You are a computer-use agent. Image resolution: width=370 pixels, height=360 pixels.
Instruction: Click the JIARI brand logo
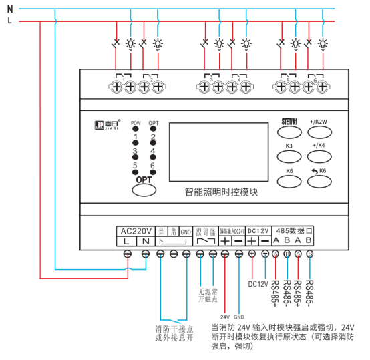tap(105, 123)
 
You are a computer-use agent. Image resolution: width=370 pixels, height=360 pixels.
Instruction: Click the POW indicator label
tap(135, 124)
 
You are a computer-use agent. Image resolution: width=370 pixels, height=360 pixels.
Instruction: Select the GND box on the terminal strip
tap(185, 231)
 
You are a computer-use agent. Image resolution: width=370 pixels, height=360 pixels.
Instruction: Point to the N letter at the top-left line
tap(9, 10)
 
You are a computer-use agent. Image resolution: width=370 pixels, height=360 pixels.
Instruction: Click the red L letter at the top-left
tap(9, 21)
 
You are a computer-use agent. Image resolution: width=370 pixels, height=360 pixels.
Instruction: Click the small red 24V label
tap(224, 316)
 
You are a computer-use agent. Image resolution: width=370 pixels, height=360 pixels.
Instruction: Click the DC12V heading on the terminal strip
tap(258, 230)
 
